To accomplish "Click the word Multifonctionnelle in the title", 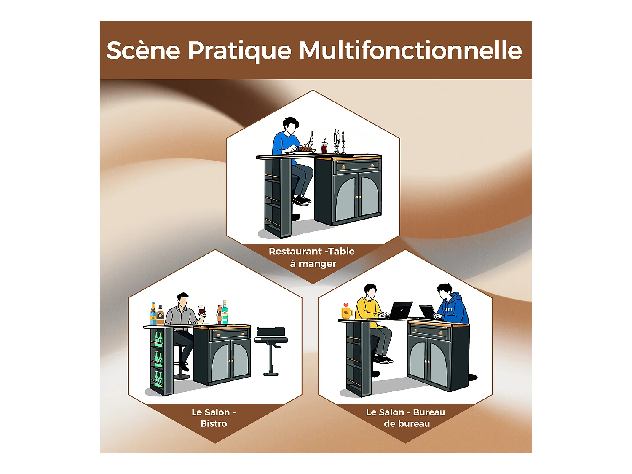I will point(410,51).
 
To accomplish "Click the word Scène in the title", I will point(143,51).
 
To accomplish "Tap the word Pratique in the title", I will point(239,51).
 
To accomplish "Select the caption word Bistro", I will point(214,424).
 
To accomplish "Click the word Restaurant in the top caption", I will point(295,252).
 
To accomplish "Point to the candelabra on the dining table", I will point(339,142).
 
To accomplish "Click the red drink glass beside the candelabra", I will point(324,147).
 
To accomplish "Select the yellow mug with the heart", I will point(346,312).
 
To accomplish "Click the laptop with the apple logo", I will point(400,311).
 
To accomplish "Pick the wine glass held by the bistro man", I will point(201,311).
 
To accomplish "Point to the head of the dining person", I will point(290,125).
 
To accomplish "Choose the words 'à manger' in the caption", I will point(313,264).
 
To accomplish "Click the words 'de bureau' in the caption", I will point(407,424).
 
